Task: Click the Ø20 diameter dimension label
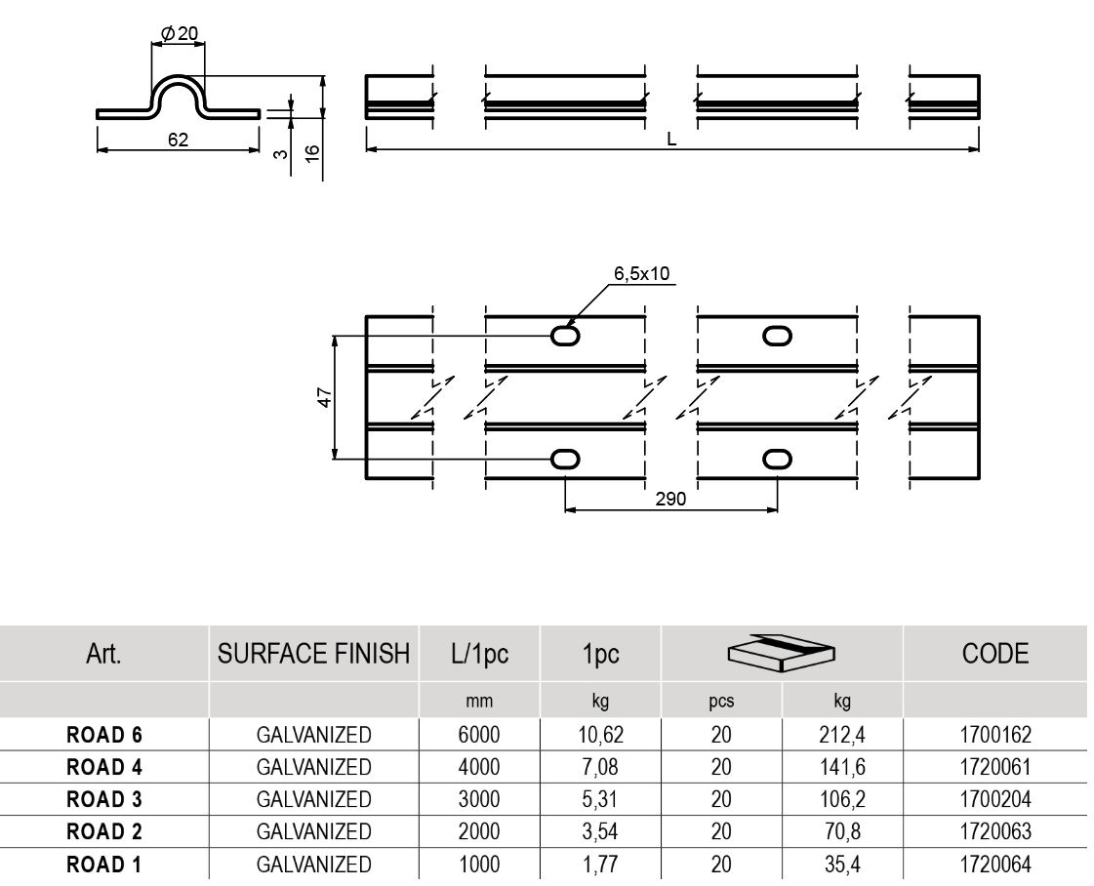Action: (x=179, y=33)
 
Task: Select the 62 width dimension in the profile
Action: (x=178, y=139)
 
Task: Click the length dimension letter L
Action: (x=671, y=139)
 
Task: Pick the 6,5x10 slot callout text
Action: (x=641, y=273)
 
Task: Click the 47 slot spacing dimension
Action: (x=325, y=397)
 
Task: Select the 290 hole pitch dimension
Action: (x=671, y=499)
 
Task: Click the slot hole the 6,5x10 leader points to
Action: (x=565, y=336)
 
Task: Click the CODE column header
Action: (x=993, y=655)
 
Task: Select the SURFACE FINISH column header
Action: (x=313, y=655)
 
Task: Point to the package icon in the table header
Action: (x=783, y=653)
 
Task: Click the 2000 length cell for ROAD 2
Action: (x=479, y=832)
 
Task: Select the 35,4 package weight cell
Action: (x=840, y=865)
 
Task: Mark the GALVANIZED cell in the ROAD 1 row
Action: (x=313, y=865)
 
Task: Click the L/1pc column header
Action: (x=479, y=655)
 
